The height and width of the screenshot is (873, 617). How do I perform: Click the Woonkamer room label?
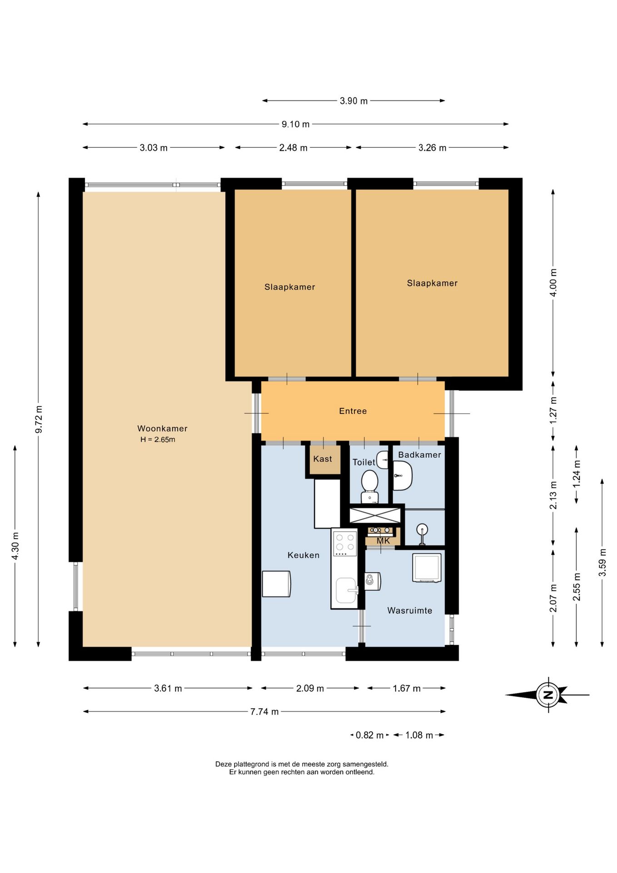point(162,428)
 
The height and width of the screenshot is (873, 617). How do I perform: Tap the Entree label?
point(353,411)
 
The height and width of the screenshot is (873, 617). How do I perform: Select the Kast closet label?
point(323,459)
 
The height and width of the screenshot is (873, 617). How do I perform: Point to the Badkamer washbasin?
point(402,476)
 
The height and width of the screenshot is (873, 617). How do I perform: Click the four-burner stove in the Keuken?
point(345,543)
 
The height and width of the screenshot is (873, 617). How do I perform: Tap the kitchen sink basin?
point(346,590)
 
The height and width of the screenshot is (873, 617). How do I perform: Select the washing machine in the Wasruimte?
point(427,567)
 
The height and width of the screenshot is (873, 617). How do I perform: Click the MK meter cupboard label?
point(383,541)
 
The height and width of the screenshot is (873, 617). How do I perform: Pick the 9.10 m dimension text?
point(296,124)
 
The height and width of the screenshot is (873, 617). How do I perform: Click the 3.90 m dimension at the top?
point(353,101)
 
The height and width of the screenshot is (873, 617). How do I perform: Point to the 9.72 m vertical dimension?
point(39,419)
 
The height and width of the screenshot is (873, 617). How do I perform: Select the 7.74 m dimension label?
point(264,712)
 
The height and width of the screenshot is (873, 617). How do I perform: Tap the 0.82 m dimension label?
point(369,735)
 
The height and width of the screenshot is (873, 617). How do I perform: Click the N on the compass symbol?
point(548,695)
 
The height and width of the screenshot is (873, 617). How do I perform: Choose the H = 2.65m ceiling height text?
point(158,440)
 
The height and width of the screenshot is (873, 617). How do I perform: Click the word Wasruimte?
point(410,611)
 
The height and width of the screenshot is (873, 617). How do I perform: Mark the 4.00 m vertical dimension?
point(553,282)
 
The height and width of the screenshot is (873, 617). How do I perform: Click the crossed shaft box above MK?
point(375,515)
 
